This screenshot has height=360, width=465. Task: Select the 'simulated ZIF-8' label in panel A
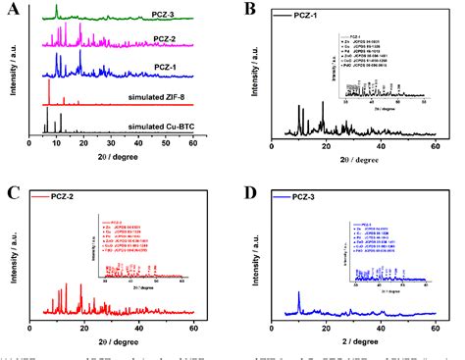(154, 99)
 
